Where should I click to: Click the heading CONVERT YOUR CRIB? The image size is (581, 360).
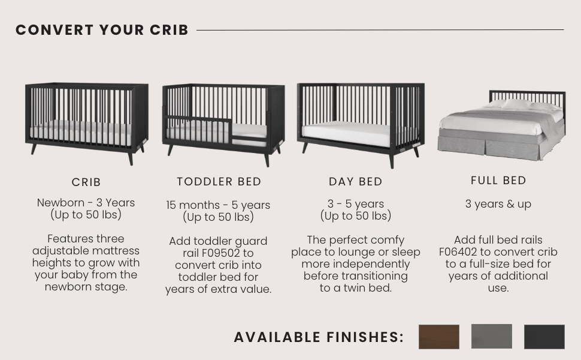click(x=102, y=30)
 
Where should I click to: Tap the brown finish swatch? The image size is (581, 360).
click(x=439, y=337)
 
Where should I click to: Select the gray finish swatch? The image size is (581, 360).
click(x=492, y=337)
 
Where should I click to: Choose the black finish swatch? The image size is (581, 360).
click(x=544, y=337)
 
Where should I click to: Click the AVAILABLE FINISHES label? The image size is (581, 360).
click(x=319, y=337)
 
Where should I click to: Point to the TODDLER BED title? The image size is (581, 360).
click(x=219, y=181)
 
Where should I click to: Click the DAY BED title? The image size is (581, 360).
click(x=356, y=182)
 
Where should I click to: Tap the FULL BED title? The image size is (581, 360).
click(x=498, y=181)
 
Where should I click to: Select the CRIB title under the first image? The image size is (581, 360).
click(x=86, y=182)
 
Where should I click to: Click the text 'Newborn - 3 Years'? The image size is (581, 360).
click(x=86, y=203)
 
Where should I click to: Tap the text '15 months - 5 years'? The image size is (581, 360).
click(x=218, y=205)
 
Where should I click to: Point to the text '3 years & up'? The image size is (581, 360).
click(x=498, y=204)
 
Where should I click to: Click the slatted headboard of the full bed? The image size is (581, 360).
click(x=527, y=97)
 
